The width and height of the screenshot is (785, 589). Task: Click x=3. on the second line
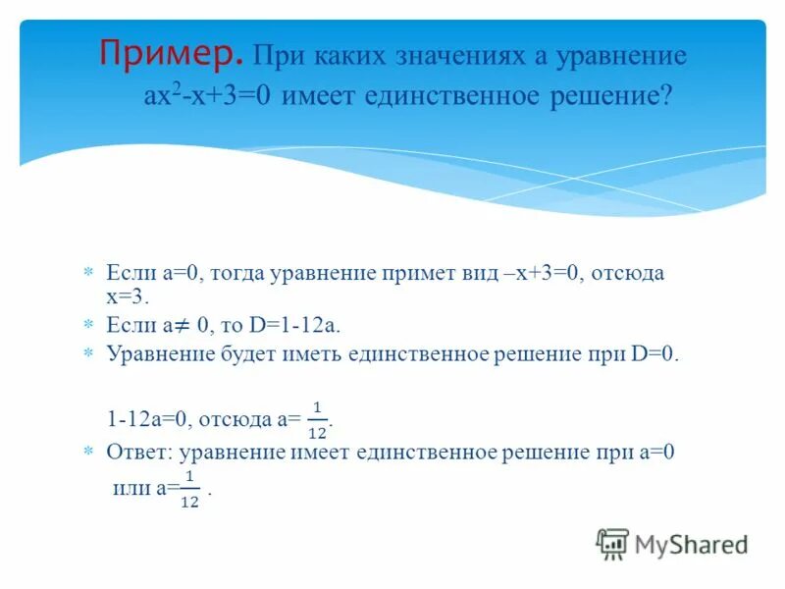point(127,295)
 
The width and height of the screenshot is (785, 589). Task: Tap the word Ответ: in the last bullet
point(137,452)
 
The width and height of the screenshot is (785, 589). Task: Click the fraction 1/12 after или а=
point(190,488)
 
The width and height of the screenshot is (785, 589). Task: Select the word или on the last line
point(125,487)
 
